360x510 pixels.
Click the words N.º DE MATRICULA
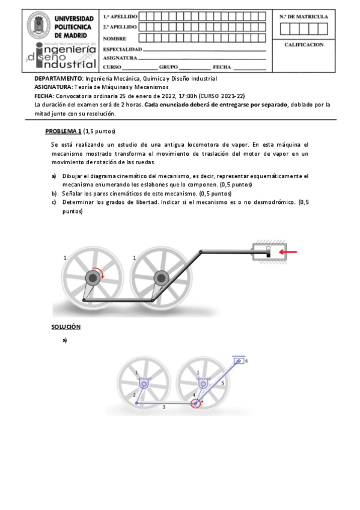coord(304,16)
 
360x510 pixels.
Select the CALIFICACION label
coord(304,45)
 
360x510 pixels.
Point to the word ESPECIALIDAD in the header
coord(123,48)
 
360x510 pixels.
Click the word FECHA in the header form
coord(222,67)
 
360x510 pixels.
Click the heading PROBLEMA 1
coord(63,131)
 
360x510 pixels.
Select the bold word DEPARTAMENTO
coord(58,79)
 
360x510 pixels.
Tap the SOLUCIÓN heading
coord(66,327)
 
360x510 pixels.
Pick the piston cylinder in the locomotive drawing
coord(270,252)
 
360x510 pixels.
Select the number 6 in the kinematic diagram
coord(246,361)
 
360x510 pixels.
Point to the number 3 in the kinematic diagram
coord(163,407)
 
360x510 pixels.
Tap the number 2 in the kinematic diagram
coord(134,394)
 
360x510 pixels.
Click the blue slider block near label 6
coord(239,361)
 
